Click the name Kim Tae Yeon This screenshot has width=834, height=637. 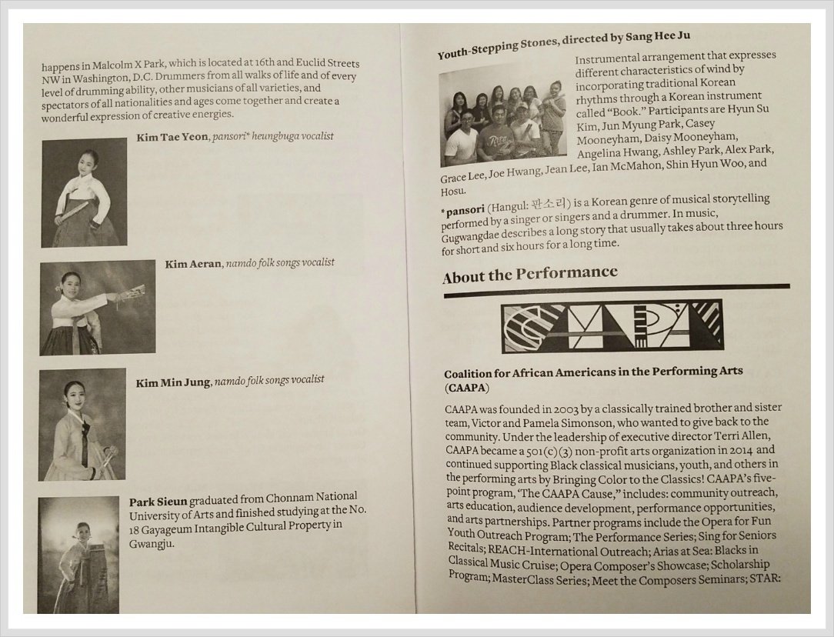(172, 137)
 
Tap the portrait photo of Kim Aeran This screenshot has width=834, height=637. (98, 307)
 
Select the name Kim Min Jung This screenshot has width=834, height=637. (173, 382)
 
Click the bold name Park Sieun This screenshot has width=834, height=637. (158, 502)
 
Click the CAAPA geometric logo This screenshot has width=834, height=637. (612, 326)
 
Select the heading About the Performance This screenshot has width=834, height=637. (530, 275)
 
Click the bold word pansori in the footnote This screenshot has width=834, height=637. (465, 210)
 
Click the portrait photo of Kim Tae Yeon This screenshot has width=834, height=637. (84, 192)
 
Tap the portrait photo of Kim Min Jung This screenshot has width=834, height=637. (82, 425)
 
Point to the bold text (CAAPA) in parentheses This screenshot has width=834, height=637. (466, 388)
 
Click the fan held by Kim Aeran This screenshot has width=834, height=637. (130, 293)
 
